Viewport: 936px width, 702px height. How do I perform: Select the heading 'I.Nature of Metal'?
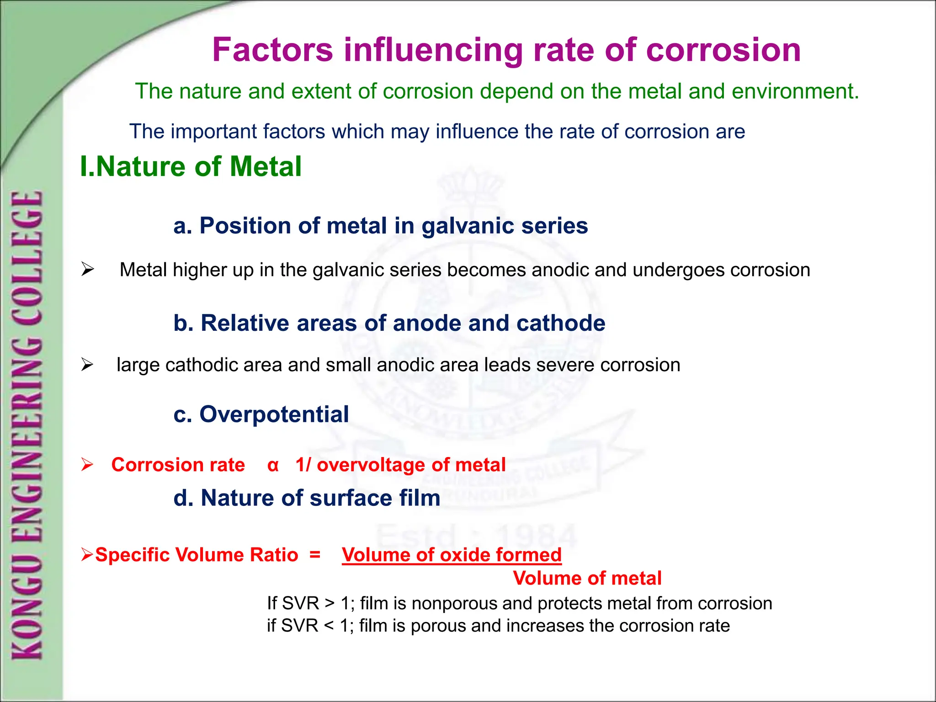tap(191, 166)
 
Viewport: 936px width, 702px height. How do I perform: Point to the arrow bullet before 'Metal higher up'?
tap(87, 269)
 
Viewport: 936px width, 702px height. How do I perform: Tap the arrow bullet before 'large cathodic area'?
tap(87, 365)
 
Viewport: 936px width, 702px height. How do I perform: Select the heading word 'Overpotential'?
tap(274, 415)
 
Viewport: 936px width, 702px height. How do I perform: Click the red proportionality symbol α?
tap(273, 465)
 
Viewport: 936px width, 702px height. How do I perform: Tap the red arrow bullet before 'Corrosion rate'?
tap(87, 465)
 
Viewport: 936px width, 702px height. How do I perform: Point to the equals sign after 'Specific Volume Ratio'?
tap(315, 554)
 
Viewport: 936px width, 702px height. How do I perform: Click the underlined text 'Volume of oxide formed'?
tap(452, 555)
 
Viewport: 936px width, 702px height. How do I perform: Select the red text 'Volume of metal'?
tap(587, 578)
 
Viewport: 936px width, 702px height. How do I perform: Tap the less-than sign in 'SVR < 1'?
tap(329, 626)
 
